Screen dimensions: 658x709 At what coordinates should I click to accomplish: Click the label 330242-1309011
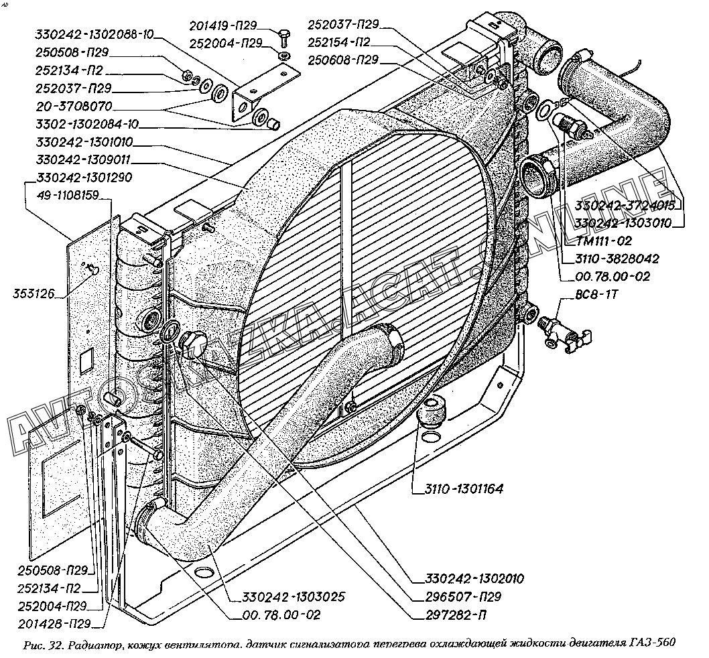point(84,160)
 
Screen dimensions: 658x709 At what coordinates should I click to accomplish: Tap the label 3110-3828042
point(616,258)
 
